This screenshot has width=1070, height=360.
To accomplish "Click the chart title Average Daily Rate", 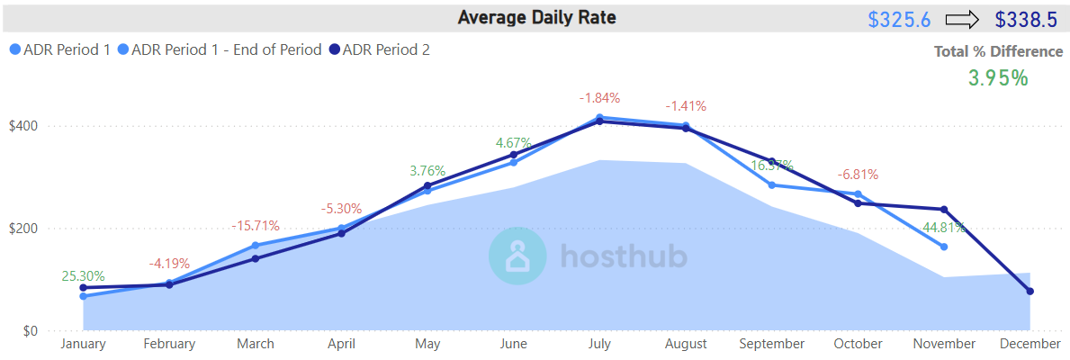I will pos(536,17).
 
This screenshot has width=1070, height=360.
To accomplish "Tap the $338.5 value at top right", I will pos(1026,19).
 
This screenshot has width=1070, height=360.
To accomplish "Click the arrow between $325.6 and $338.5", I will pos(962,19).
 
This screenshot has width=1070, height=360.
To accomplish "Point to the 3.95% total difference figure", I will pos(998,78).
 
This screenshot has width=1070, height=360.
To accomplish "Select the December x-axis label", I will pos(1030,344).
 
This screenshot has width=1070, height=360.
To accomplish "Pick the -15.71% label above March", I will pos(256,226).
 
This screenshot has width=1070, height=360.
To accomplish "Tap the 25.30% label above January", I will pos(84,276).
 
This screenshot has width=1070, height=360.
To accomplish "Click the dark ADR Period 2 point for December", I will pos(1030,292).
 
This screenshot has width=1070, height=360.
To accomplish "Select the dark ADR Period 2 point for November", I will pos(943,210).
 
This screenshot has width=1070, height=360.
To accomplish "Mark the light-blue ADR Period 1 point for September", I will pos(771,185).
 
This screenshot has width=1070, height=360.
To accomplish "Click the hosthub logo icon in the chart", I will pos(517,256).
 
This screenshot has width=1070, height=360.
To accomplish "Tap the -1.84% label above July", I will pos(600,98).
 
